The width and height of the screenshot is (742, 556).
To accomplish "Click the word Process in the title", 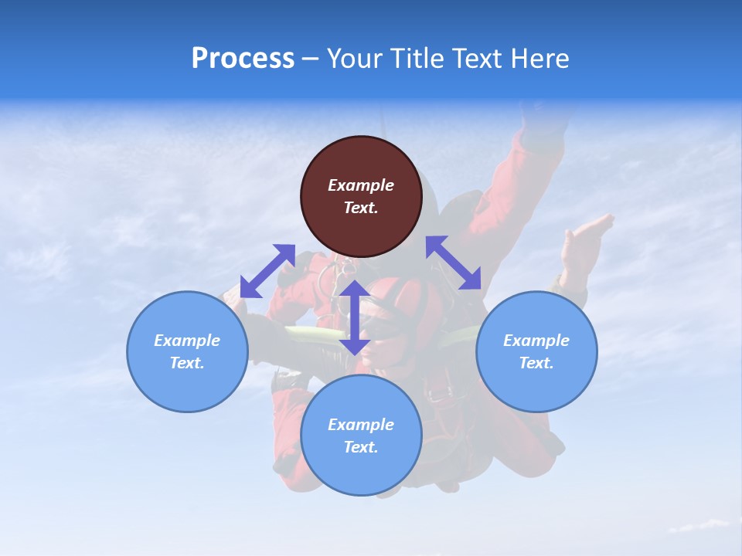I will tap(243, 58).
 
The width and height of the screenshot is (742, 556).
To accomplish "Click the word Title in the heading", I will tap(415, 58).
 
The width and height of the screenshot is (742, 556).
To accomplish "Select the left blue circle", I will tap(187, 382).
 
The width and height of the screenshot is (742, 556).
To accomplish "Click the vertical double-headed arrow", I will tap(355, 317).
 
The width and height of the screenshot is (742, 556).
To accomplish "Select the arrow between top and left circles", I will tap(267, 271).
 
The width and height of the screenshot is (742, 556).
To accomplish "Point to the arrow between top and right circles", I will tap(454, 263).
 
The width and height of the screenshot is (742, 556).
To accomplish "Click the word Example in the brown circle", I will tap(361, 185).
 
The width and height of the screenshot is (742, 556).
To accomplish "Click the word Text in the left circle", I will tap(187, 363).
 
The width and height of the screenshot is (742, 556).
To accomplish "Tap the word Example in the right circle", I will tap(536, 341).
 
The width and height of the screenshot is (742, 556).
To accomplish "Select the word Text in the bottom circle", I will tap(361, 447).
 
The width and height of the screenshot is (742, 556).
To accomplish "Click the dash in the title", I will tap(311, 59).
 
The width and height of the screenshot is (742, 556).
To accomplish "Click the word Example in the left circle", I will tap(187, 341).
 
